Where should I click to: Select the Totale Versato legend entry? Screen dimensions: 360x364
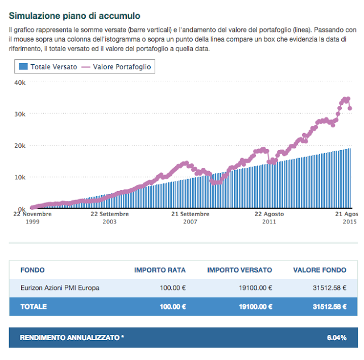pyautogui.click(x=48, y=67)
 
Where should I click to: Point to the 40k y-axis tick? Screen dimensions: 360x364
pyautogui.click(x=19, y=82)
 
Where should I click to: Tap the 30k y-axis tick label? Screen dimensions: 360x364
pyautogui.click(x=19, y=114)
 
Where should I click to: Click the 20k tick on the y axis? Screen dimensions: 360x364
pyautogui.click(x=19, y=146)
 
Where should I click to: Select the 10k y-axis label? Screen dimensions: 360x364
pyautogui.click(x=19, y=177)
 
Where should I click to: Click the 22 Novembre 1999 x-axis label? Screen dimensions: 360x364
pyautogui.click(x=33, y=218)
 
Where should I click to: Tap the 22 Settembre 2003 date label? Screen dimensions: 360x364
pyautogui.click(x=109, y=218)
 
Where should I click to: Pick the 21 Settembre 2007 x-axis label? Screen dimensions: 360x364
pyautogui.click(x=190, y=218)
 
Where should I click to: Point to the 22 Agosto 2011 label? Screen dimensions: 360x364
pyautogui.click(x=269, y=218)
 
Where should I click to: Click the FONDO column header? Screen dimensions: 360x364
pyautogui.click(x=32, y=270)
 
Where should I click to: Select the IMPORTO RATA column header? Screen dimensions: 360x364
pyautogui.click(x=160, y=270)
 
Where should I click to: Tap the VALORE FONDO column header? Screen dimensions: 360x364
pyautogui.click(x=319, y=270)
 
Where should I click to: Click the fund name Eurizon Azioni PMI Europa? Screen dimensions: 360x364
pyautogui.click(x=60, y=288)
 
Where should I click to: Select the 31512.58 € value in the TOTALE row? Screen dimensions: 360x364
pyautogui.click(x=329, y=307)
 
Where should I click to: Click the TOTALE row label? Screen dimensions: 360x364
pyautogui.click(x=34, y=307)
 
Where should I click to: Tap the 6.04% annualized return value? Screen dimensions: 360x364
pyautogui.click(x=337, y=338)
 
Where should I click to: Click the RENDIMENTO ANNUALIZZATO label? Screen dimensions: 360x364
pyautogui.click(x=72, y=338)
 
